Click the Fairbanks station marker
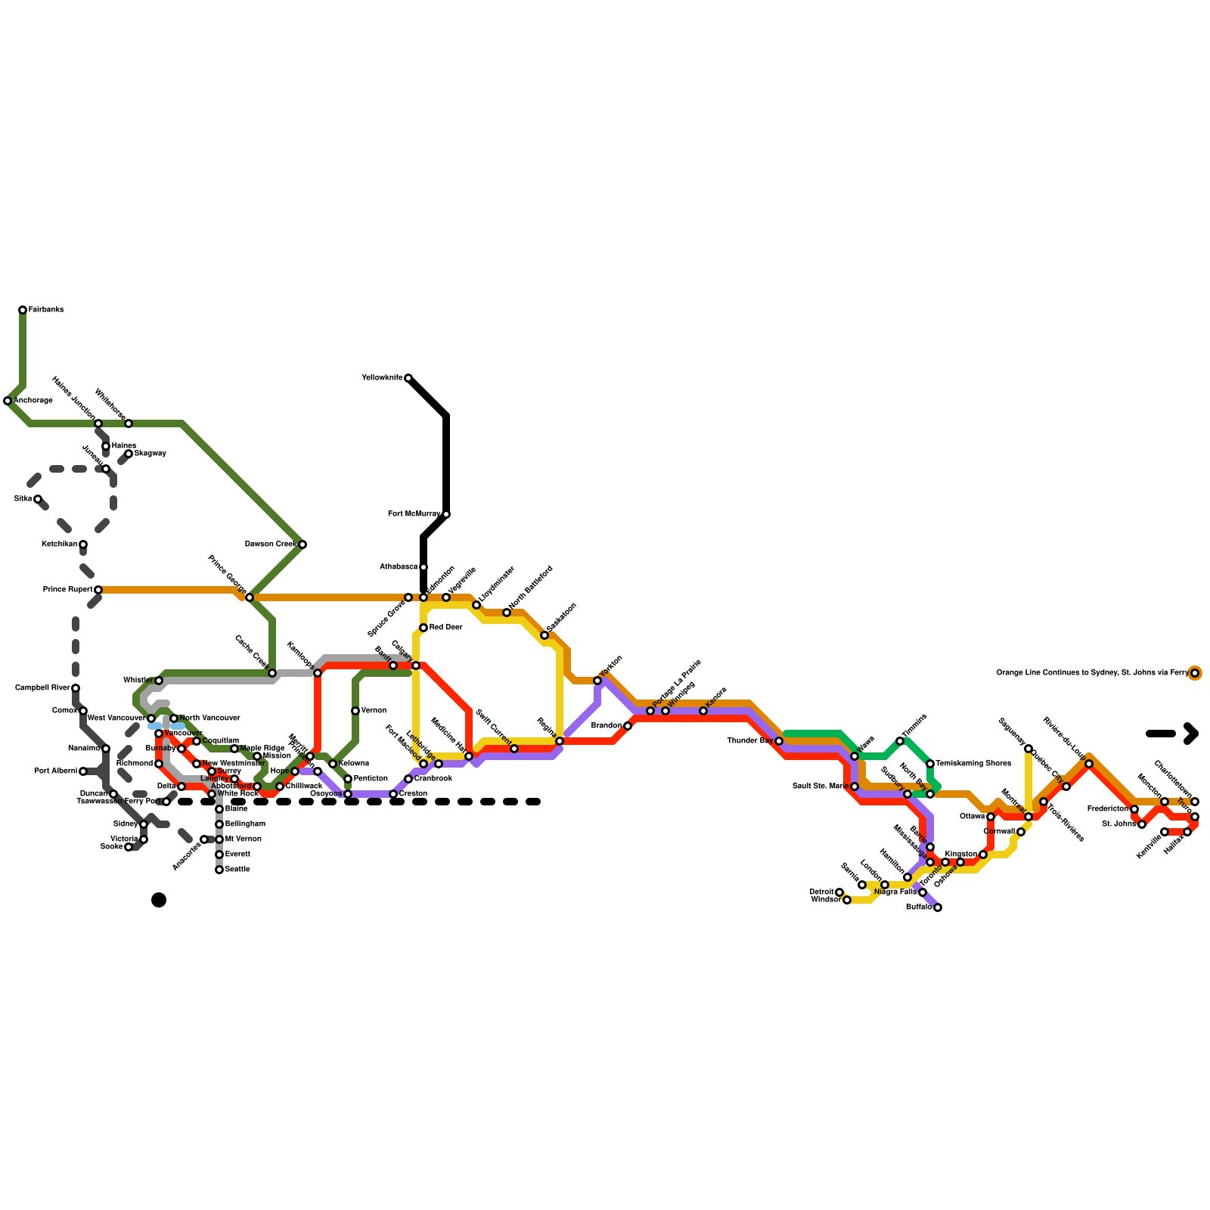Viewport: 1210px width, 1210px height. [x=23, y=310]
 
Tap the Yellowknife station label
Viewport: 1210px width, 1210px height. [x=382, y=378]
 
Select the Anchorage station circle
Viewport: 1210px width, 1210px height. [x=8, y=401]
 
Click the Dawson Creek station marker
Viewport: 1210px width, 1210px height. [x=302, y=544]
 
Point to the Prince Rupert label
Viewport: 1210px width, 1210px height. [x=67, y=590]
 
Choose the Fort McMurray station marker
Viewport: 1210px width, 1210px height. [x=446, y=514]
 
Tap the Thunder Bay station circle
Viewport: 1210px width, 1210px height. [x=779, y=741]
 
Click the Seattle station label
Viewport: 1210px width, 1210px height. [x=237, y=870]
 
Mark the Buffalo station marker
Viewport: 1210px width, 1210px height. [x=938, y=907]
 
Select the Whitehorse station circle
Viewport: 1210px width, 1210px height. [x=129, y=423]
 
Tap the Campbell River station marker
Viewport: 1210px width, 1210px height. [x=76, y=688]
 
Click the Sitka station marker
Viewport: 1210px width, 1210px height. [x=38, y=499]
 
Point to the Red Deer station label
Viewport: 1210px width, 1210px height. [x=445, y=628]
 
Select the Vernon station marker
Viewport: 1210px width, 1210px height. [x=355, y=711]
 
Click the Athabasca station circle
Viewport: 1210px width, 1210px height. [x=423, y=567]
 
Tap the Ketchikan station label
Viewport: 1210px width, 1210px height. [x=59, y=544]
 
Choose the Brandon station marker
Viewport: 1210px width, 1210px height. [x=628, y=726]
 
